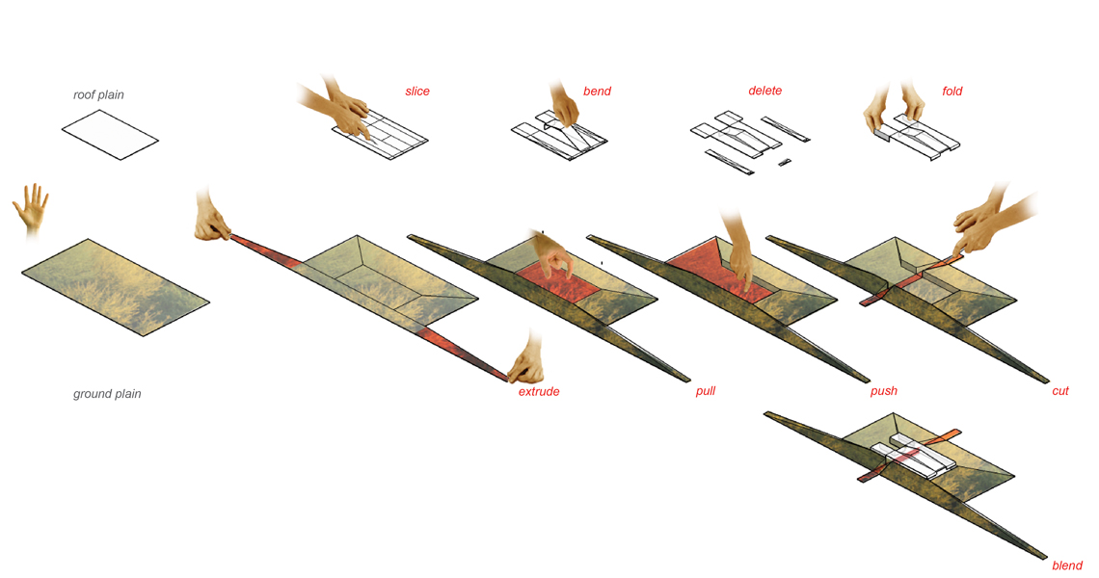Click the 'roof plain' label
click(99, 94)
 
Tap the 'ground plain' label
click(107, 394)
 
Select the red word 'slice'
click(417, 92)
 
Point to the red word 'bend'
click(597, 92)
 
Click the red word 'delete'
click(764, 91)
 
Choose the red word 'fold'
click(952, 92)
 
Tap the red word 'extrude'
click(538, 392)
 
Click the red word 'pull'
click(705, 391)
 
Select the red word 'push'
click(883, 391)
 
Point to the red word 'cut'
click(1059, 391)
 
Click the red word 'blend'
click(1067, 565)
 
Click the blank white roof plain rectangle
click(110, 135)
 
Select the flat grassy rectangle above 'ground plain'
click(116, 287)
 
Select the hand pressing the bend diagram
click(564, 105)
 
